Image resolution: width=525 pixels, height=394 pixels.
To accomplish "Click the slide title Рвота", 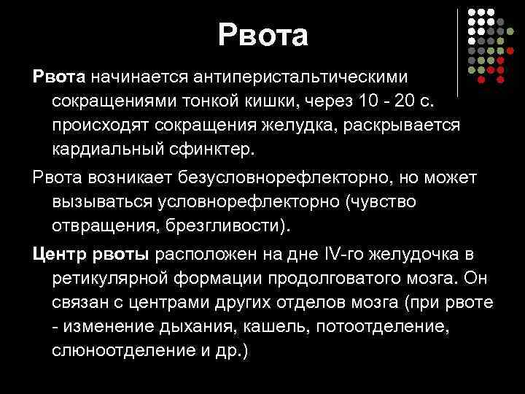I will [262, 35].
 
